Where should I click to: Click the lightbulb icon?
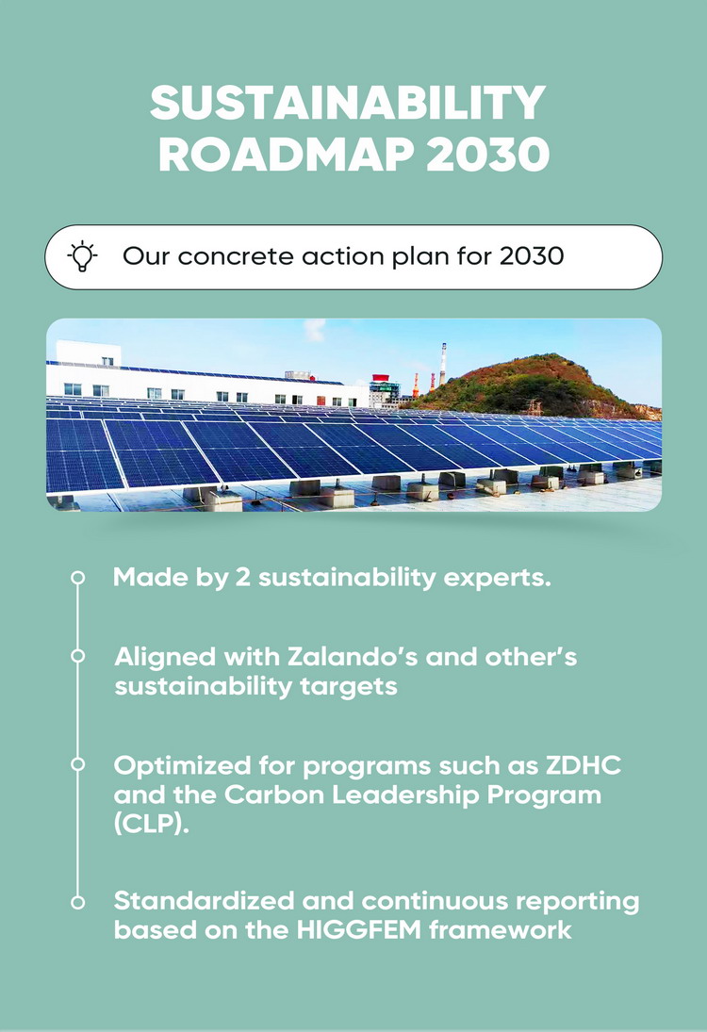click(x=82, y=256)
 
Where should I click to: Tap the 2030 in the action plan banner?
click(x=532, y=256)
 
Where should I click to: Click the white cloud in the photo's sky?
click(x=315, y=328)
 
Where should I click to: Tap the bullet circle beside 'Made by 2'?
click(x=77, y=577)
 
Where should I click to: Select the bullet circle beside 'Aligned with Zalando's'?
click(x=77, y=656)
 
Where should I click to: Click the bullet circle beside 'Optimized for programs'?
click(x=77, y=764)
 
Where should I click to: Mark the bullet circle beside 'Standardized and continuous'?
click(x=77, y=902)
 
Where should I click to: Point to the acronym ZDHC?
click(x=584, y=765)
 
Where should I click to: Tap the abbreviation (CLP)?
click(x=152, y=824)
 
